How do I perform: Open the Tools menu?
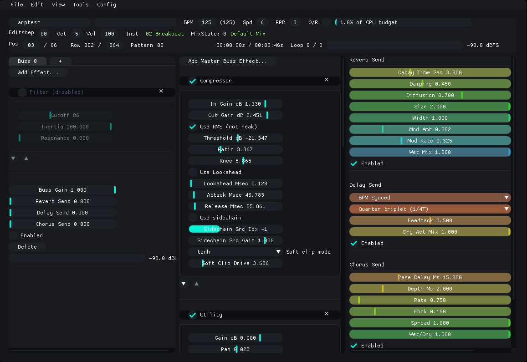[x=81, y=5]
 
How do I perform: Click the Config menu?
[x=107, y=5]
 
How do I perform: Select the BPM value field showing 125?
[x=206, y=22]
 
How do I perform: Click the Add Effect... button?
[x=38, y=72]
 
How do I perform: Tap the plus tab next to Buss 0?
[x=60, y=61]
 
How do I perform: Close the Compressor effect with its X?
[x=326, y=80]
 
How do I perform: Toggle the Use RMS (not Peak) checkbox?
[x=193, y=127]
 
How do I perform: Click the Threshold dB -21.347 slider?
[x=235, y=138]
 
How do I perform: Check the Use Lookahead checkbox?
[x=193, y=172]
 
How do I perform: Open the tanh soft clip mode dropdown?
[x=235, y=252]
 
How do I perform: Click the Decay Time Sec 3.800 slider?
[x=430, y=72]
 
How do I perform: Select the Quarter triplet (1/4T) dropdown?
[x=430, y=209]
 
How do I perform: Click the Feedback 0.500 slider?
[x=430, y=220]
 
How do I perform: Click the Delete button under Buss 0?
[x=27, y=247]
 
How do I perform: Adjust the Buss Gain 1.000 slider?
[x=62, y=190]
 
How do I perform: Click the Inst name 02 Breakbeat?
[x=165, y=34]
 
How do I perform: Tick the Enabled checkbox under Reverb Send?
[x=354, y=163]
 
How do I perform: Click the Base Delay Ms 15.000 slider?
[x=430, y=277]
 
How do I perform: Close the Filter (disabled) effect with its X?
[x=161, y=91]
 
